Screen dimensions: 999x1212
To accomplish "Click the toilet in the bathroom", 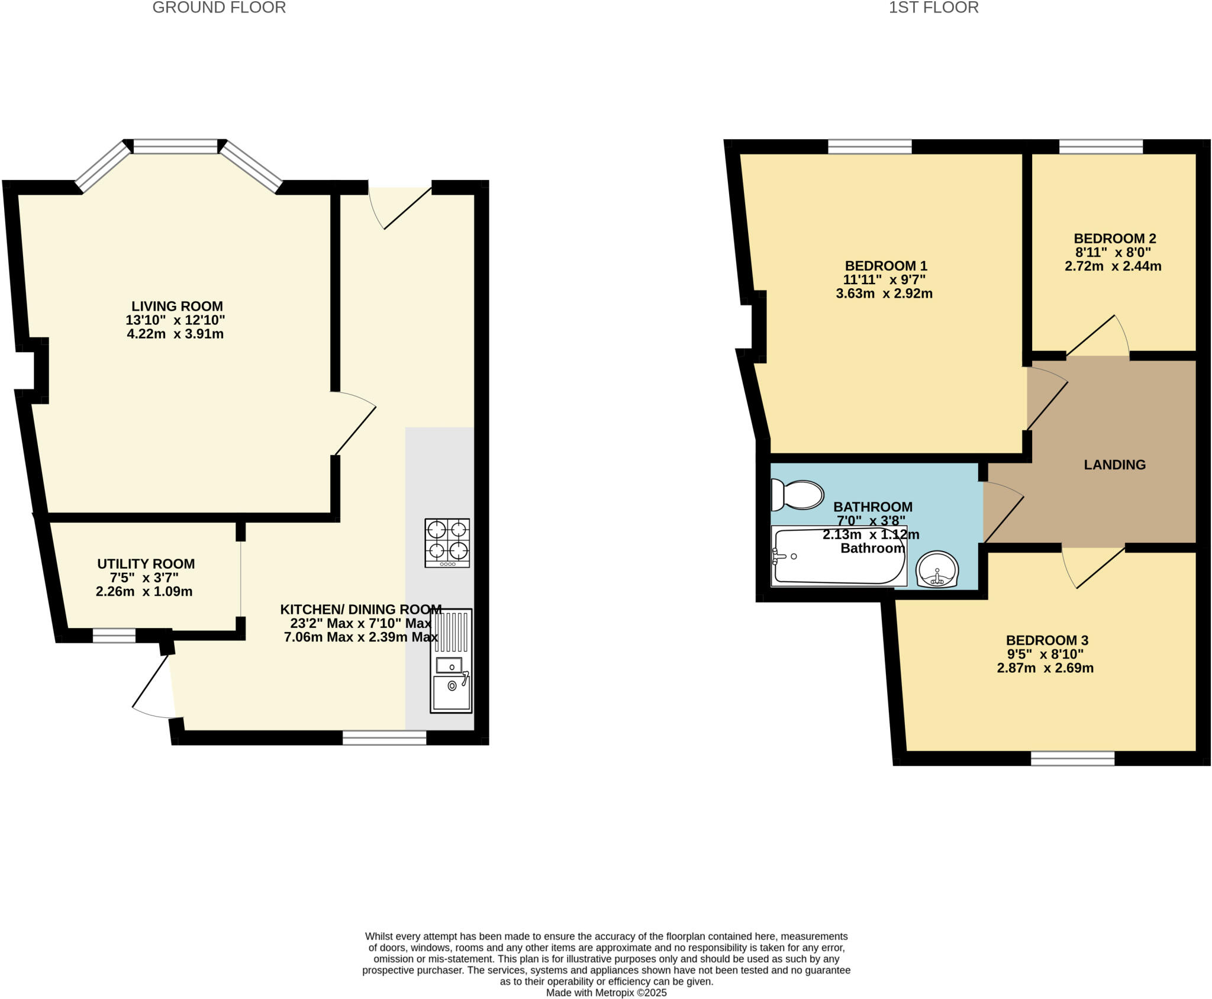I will (x=797, y=495).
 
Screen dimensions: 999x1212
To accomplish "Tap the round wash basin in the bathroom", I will (x=937, y=569).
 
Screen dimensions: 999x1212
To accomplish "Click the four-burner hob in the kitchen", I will (x=447, y=543).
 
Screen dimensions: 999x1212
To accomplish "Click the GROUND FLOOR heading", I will (x=219, y=8).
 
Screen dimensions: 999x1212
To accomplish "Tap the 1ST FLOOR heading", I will (x=933, y=8).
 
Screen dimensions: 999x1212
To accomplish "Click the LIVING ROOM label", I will (x=177, y=306).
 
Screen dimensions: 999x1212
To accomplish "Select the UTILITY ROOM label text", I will (x=146, y=564).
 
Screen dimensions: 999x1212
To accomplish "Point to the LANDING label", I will (x=1114, y=465).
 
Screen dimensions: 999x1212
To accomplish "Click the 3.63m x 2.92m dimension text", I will (x=884, y=294).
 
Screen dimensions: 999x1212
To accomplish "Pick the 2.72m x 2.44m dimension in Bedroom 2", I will (x=1113, y=266).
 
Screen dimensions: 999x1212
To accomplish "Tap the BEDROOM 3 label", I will (x=1047, y=640).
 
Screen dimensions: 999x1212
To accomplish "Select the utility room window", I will (x=114, y=636).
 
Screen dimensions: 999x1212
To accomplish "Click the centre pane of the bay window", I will (x=175, y=146).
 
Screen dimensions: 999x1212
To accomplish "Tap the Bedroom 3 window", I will (x=1072, y=758).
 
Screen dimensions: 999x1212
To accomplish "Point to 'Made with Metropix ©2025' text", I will (x=606, y=992).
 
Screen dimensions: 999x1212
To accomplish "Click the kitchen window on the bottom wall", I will (x=384, y=737).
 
